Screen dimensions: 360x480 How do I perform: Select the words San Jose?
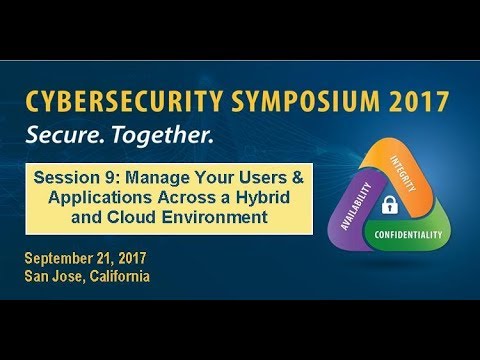[52, 277]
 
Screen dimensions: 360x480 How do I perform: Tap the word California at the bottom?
[118, 277]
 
